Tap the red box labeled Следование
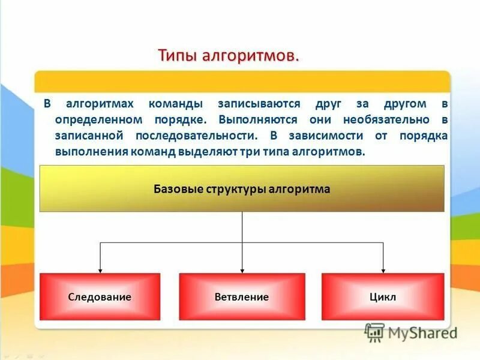(x=100, y=297)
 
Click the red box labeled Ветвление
(x=242, y=297)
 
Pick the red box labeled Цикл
(x=383, y=297)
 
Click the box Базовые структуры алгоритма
(x=242, y=189)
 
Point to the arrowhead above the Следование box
(x=100, y=269)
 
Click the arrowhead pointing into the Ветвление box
(x=242, y=269)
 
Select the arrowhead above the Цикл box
(x=383, y=269)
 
